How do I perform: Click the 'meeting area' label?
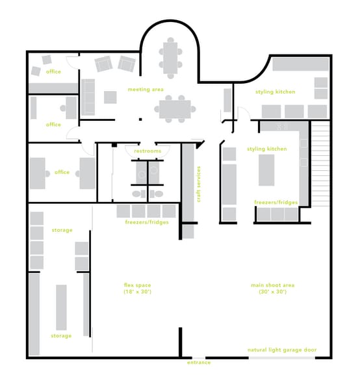pos(146,89)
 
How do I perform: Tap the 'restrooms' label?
pos(148,151)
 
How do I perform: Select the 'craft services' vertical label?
pos(199,184)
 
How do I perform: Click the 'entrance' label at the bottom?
pos(199,362)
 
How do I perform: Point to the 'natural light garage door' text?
pos(282,350)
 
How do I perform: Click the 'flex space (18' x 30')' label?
pos(137,288)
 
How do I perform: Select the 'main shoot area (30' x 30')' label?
pos(268,288)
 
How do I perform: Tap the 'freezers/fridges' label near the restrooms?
pos(147,222)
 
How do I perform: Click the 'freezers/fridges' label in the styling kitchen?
pos(276,203)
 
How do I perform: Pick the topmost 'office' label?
pos(53,71)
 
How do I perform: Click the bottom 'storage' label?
pos(62,336)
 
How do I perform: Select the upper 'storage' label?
pos(62,230)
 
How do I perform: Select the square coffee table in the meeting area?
pos(110,97)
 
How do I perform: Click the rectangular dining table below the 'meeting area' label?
pos(175,109)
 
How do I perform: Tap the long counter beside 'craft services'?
pos(187,183)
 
